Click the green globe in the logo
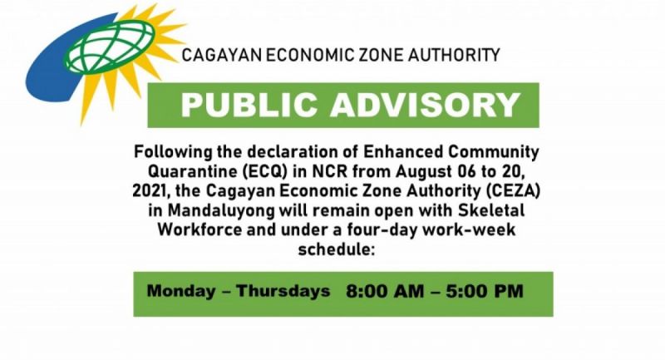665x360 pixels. coord(110,47)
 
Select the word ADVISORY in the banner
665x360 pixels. coord(426,105)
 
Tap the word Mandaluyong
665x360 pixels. coord(222,210)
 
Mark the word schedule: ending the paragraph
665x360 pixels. coord(337,249)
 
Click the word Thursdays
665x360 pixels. coord(283,291)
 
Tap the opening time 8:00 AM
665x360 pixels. coord(385,291)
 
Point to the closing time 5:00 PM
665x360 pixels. coord(485,291)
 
